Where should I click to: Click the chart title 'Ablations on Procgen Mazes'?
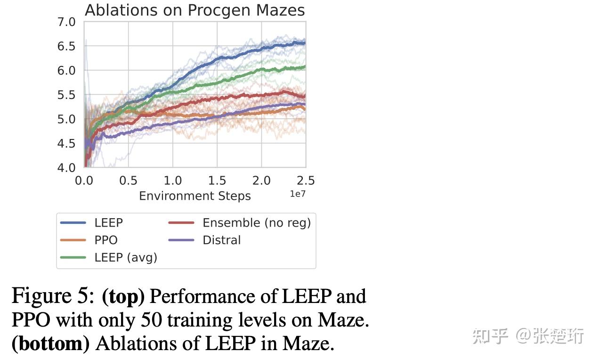pos(194,10)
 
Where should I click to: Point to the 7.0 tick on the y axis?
pos(66,22)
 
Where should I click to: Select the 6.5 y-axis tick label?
pos(66,46)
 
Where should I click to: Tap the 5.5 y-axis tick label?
pos(66,95)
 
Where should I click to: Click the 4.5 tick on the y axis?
pos(66,143)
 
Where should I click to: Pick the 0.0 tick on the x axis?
pos(84,180)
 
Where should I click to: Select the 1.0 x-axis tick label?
pos(173,180)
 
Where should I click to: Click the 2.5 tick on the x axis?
pos(306,180)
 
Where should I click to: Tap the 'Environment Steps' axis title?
pos(194,196)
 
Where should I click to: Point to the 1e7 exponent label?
pos(297,194)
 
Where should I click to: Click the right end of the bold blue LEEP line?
pos(305,43)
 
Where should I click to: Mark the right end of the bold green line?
pos(305,67)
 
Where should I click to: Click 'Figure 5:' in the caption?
pos(53,296)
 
